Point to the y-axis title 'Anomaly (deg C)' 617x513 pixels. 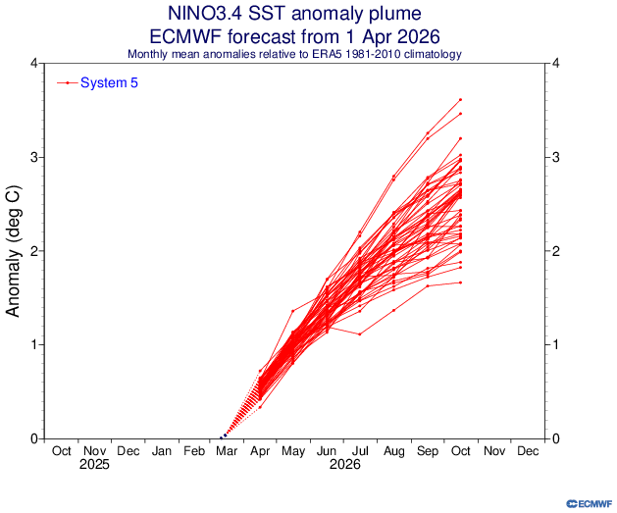click(x=15, y=250)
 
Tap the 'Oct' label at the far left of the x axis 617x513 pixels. click(x=61, y=451)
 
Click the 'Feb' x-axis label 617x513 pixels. click(x=194, y=451)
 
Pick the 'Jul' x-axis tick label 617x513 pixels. click(x=361, y=451)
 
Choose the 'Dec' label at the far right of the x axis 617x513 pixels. click(x=527, y=451)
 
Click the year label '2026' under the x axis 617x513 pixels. click(x=344, y=465)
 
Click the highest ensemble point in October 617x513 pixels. click(x=460, y=99)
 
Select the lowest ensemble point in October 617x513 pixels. click(x=460, y=282)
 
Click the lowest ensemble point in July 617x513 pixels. click(x=360, y=334)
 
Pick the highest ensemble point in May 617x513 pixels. click(x=293, y=311)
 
